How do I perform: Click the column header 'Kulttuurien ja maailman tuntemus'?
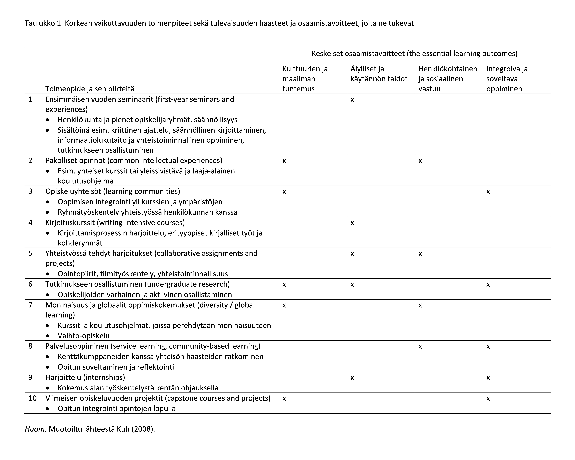pos(305,79)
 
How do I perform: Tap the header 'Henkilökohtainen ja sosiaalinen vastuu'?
pos(448,79)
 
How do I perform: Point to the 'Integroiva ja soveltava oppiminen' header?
pos(507,79)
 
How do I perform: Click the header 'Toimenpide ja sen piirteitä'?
pos(90,89)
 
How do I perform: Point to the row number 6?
pos(30,284)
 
